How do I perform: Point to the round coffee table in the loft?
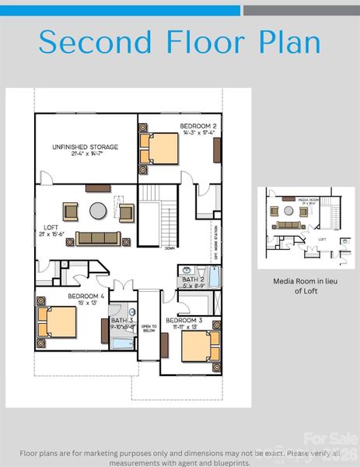pyautogui.click(x=97, y=210)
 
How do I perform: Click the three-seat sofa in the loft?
pyautogui.click(x=97, y=238)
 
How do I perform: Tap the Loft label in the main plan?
pyautogui.click(x=47, y=231)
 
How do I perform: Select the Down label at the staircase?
pyautogui.click(x=169, y=249)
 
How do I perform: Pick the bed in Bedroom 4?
pyautogui.click(x=58, y=321)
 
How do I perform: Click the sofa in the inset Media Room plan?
pyautogui.click(x=288, y=224)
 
